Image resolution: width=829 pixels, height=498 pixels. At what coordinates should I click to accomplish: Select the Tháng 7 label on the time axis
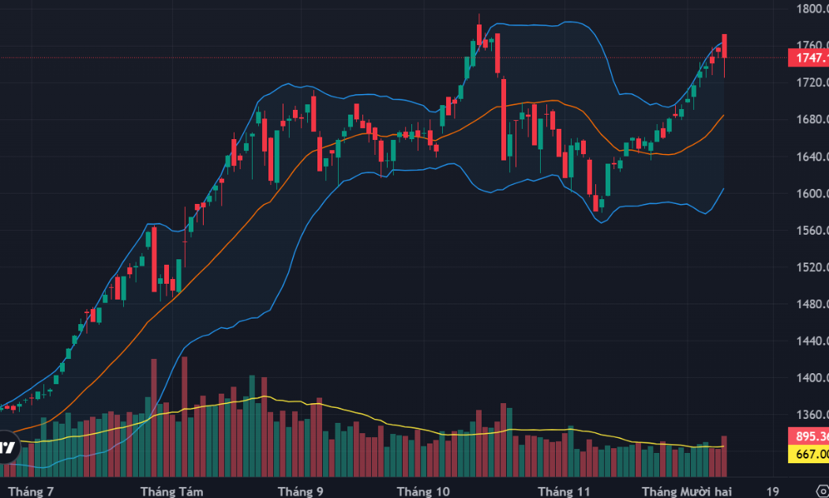(31, 492)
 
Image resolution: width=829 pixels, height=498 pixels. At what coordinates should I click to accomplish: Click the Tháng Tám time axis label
(171, 492)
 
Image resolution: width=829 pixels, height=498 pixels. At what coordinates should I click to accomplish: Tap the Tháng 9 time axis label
(300, 492)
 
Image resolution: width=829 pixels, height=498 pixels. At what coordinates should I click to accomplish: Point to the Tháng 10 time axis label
(423, 492)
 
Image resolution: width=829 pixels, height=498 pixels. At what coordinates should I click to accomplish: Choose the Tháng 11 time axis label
(564, 492)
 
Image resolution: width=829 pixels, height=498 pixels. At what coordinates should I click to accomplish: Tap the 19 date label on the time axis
(773, 492)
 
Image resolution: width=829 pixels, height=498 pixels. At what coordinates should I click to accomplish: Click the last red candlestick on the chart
(725, 46)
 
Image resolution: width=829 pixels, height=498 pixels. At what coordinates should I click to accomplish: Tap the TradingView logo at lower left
(7, 447)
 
